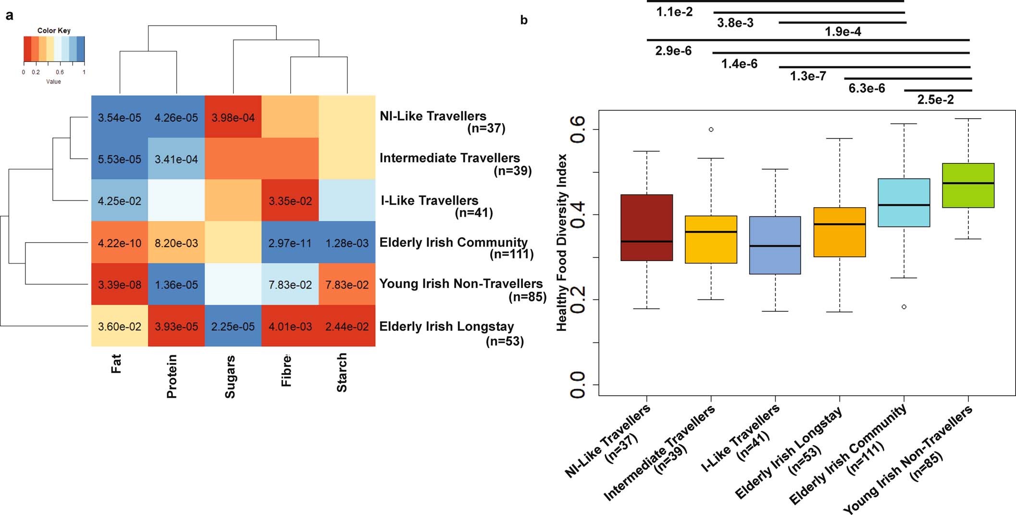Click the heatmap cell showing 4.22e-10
click(x=119, y=243)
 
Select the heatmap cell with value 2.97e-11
click(x=290, y=243)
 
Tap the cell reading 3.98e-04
click(x=233, y=117)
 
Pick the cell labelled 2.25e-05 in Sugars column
click(x=233, y=326)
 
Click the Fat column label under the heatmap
click(x=116, y=364)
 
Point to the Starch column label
click(x=342, y=373)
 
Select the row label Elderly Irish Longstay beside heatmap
click(x=446, y=327)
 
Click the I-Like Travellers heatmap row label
click(x=429, y=201)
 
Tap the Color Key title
click(x=54, y=30)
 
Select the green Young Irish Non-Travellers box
click(x=968, y=186)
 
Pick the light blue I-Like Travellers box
click(x=775, y=245)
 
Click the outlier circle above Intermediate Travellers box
click(x=711, y=129)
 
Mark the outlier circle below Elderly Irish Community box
click(x=904, y=307)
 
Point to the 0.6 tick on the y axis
click(x=578, y=129)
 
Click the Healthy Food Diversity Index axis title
click(x=561, y=243)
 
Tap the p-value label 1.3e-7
click(x=808, y=76)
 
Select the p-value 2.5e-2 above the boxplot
click(x=935, y=100)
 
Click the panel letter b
click(x=524, y=20)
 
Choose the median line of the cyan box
click(x=904, y=205)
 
